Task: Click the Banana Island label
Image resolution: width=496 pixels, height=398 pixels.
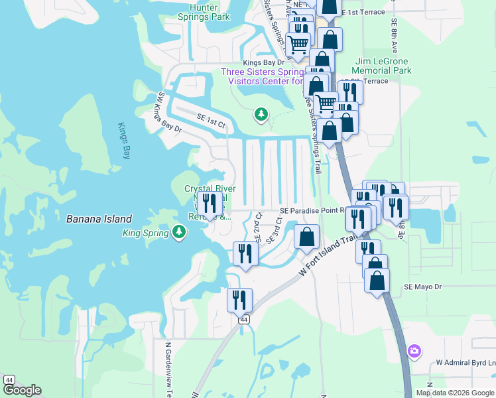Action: [99, 219]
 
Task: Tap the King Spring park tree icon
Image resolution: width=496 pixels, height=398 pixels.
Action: [178, 232]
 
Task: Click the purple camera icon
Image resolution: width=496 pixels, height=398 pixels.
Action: [414, 350]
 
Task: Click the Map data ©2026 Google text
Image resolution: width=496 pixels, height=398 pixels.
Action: [455, 393]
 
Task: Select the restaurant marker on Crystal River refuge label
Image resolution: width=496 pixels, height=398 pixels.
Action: [210, 204]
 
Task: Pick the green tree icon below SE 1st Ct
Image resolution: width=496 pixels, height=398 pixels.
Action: [261, 115]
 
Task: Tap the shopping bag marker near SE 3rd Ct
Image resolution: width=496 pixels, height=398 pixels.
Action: [306, 237]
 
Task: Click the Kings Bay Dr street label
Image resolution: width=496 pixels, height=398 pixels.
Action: [263, 62]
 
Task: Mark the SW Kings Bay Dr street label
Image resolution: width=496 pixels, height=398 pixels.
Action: [167, 112]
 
